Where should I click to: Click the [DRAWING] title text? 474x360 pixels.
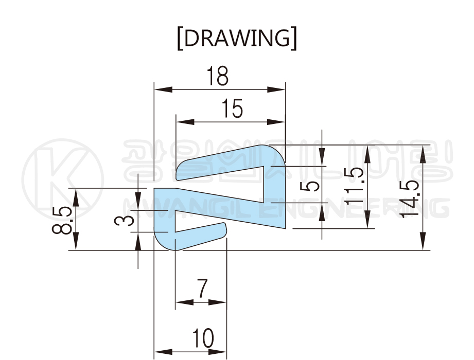click(237, 39)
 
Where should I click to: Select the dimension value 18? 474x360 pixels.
click(217, 76)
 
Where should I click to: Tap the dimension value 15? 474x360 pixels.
click(232, 109)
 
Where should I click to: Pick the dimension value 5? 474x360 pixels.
click(310, 186)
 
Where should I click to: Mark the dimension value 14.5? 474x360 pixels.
click(410, 199)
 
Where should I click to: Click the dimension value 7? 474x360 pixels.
click(202, 289)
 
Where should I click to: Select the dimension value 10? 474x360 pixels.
click(203, 338)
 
